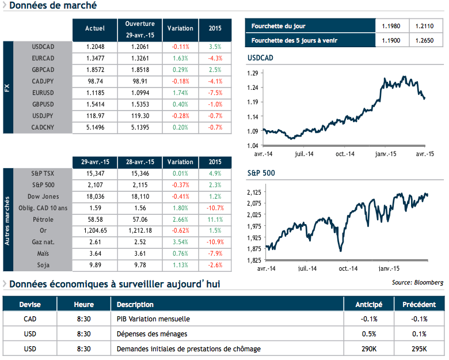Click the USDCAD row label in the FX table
click(44, 46)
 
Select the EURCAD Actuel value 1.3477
click(95, 58)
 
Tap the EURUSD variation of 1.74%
click(180, 93)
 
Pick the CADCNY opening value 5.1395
click(140, 127)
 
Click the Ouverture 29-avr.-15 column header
click(140, 29)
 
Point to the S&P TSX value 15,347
click(95, 173)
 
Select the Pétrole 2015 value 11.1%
click(215, 219)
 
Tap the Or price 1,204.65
click(95, 231)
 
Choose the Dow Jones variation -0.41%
click(180, 196)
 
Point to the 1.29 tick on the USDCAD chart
click(252, 73)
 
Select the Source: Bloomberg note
click(417, 282)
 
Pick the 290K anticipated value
click(368, 348)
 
